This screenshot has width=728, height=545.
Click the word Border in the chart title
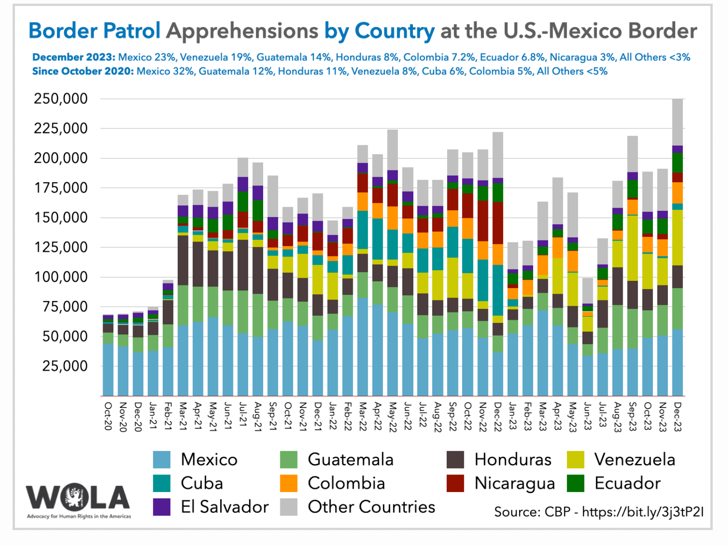63,31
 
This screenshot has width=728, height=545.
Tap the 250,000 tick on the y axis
61,99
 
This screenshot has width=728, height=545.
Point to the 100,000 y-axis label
61,277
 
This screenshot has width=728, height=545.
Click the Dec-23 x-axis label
677,417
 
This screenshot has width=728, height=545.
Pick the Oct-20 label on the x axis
108,416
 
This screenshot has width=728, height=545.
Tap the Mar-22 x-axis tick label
363,417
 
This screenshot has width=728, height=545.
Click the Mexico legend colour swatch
162,460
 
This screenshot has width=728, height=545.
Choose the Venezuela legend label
634,460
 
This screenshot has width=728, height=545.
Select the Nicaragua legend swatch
455,483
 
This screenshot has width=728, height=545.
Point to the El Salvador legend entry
224,507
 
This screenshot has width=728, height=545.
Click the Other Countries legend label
371,507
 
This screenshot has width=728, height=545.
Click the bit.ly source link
643,512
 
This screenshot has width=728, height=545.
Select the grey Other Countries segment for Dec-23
677,122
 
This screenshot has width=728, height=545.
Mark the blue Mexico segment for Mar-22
363,346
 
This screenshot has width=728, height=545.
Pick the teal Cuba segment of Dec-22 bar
498,290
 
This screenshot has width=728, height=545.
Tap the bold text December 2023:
74,57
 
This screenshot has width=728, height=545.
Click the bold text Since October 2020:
83,71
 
